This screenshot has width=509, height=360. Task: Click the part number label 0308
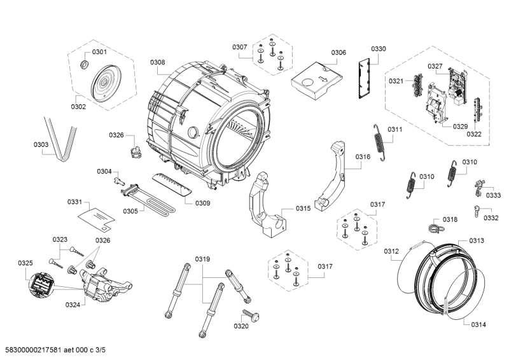pos(158,62)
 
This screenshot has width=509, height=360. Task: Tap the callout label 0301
pos(100,52)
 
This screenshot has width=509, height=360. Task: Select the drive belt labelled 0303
pos(62,137)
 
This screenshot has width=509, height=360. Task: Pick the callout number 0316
pos(363,156)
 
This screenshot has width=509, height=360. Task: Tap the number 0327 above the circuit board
pos(435,66)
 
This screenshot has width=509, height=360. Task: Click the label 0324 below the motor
pos(73,305)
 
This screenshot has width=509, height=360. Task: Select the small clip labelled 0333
pos(478,186)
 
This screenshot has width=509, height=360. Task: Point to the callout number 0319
pos(202,259)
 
